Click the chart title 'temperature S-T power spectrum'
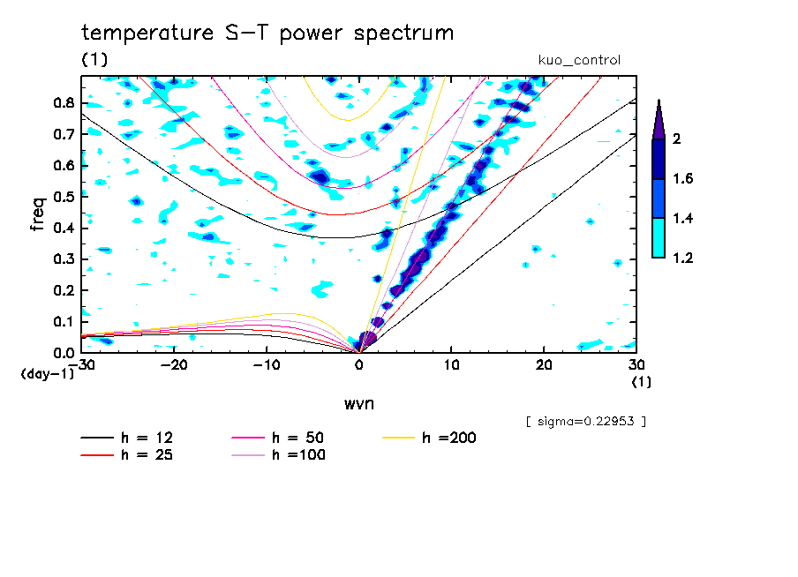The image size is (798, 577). click(267, 34)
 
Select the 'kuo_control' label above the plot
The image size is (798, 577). click(579, 61)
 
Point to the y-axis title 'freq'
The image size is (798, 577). click(38, 214)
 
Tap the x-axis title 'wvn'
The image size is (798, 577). click(358, 403)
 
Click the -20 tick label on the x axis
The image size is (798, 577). click(175, 365)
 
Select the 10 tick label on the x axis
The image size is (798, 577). click(451, 365)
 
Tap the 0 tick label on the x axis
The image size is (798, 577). click(359, 365)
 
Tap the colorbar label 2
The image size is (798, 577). click(675, 139)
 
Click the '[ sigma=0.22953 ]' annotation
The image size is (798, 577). click(586, 421)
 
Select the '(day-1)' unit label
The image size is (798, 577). click(47, 374)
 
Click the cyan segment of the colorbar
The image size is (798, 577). click(658, 238)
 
